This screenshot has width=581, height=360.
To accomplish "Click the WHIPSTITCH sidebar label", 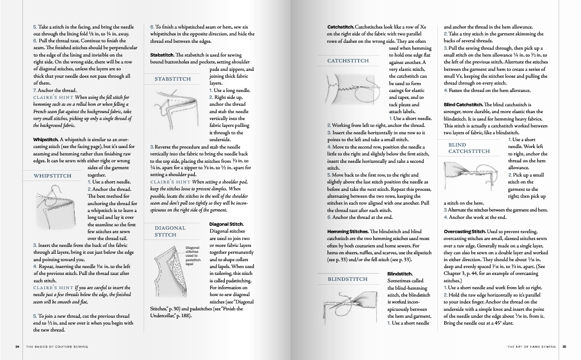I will [x=52, y=176].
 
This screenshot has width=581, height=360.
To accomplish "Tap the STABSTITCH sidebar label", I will [x=172, y=79].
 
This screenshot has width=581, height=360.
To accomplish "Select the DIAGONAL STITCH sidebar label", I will [x=170, y=231].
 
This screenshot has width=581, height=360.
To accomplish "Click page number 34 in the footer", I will [x=17, y=347].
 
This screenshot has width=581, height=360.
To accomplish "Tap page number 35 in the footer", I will [x=564, y=347].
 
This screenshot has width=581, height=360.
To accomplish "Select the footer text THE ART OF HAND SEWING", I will [x=531, y=347].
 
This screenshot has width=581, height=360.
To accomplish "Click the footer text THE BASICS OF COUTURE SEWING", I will [x=57, y=347].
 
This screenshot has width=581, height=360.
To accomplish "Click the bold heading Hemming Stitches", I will [x=347, y=231].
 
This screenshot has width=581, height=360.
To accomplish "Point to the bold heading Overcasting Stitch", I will [x=464, y=231].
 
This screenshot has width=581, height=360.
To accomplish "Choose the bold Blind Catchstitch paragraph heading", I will [x=463, y=104].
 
